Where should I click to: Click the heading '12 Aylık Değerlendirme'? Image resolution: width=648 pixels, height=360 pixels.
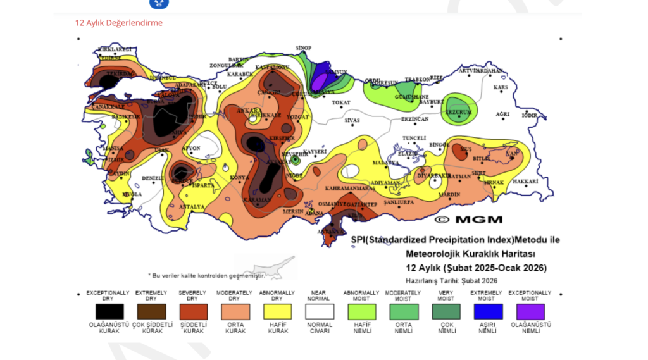tap(119, 23)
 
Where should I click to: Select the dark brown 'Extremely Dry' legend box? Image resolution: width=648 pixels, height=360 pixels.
tap(151, 311)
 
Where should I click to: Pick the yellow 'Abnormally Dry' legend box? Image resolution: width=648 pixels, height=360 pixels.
tap(277, 311)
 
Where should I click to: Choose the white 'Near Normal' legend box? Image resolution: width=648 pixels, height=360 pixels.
tap(319, 311)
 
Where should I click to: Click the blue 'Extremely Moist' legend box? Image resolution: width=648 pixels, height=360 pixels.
tap(487, 311)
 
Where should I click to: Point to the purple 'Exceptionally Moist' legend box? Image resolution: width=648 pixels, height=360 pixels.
tap(530, 311)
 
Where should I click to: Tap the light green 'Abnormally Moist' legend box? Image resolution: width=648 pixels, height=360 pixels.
tap(361, 311)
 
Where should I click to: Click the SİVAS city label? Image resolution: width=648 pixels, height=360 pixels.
tap(352, 120)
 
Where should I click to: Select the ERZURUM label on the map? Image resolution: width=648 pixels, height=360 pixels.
tap(459, 113)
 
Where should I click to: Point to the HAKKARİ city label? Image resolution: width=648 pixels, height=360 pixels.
tap(525, 182)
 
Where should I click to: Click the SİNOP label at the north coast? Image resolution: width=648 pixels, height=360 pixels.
tap(304, 48)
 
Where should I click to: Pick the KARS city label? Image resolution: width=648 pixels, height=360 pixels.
tap(501, 87)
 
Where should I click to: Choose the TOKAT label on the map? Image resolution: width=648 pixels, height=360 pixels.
tap(340, 102)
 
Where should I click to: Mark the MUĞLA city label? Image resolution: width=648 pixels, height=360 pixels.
tap(132, 194)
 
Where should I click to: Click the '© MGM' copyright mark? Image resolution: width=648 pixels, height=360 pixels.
tap(469, 220)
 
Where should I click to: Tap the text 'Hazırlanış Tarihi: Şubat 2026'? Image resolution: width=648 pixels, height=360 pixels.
tap(451, 280)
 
